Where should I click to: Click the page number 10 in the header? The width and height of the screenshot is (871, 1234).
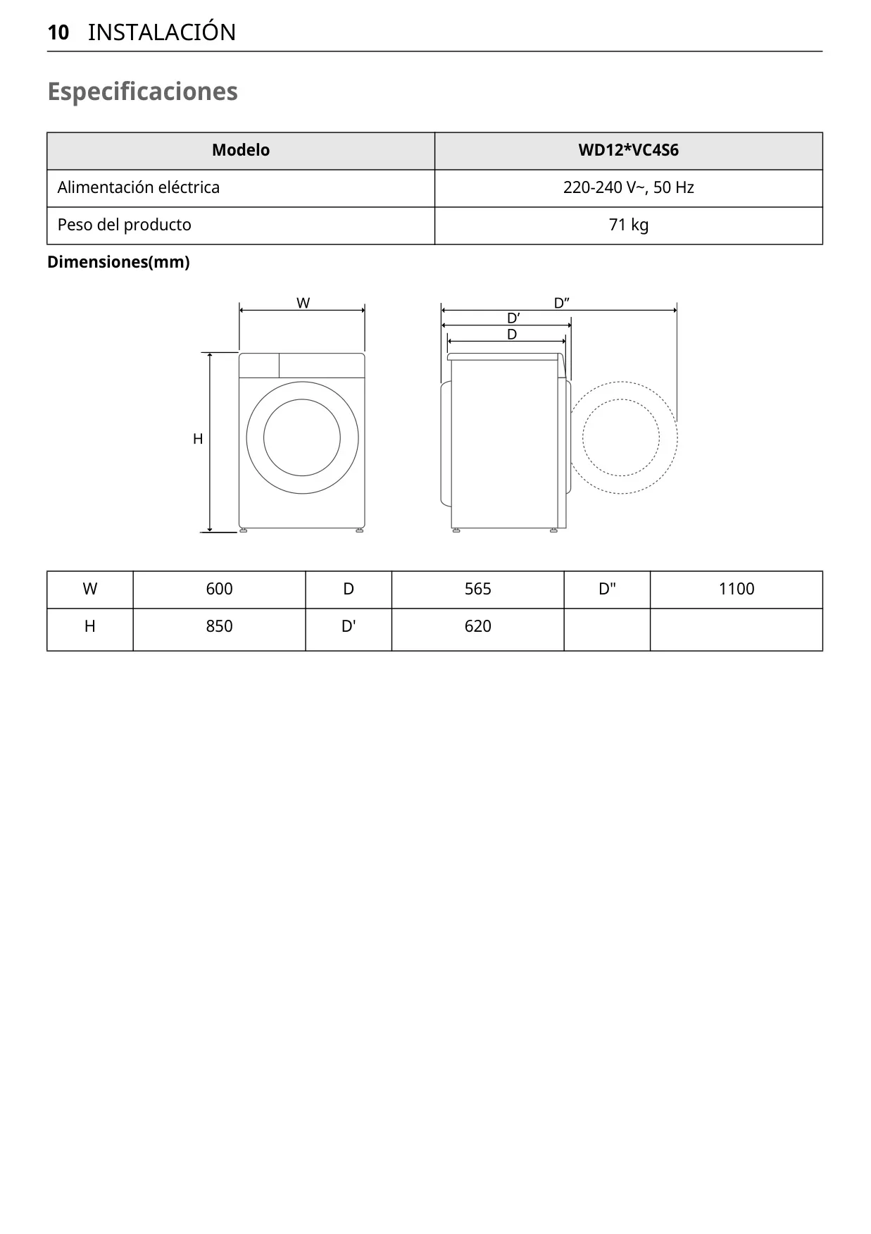point(58,32)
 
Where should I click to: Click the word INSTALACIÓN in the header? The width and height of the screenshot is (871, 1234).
point(162,32)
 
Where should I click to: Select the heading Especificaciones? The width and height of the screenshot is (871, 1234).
point(142,92)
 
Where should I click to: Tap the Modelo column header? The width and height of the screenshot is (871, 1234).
point(241,150)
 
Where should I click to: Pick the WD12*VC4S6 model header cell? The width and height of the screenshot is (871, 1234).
point(629,150)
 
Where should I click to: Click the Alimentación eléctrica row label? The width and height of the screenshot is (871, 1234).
point(139,187)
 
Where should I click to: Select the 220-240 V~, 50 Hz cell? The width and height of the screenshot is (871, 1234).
point(629,187)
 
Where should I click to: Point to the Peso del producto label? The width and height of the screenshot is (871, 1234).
point(125,225)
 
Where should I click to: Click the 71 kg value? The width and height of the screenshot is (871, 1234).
point(629,225)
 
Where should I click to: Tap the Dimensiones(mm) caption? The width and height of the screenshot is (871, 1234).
point(118,262)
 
